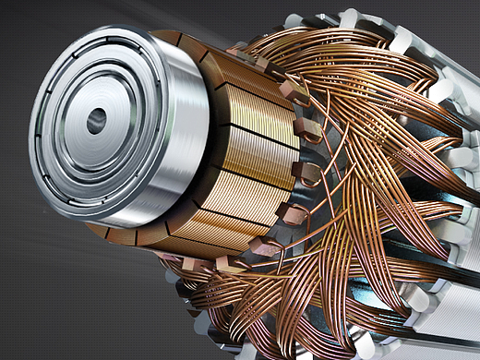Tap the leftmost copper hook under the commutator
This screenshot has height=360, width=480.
tap(188, 266)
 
